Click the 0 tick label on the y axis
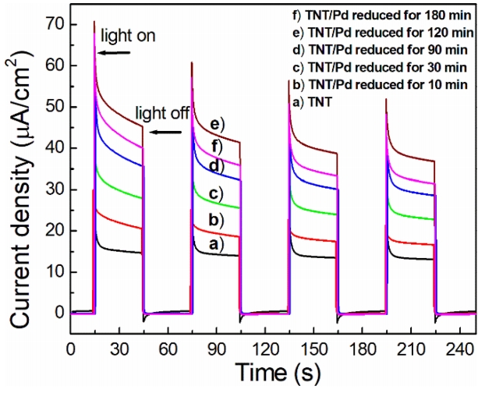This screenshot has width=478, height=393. click(x=58, y=313)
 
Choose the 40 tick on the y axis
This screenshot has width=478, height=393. click(x=55, y=148)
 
